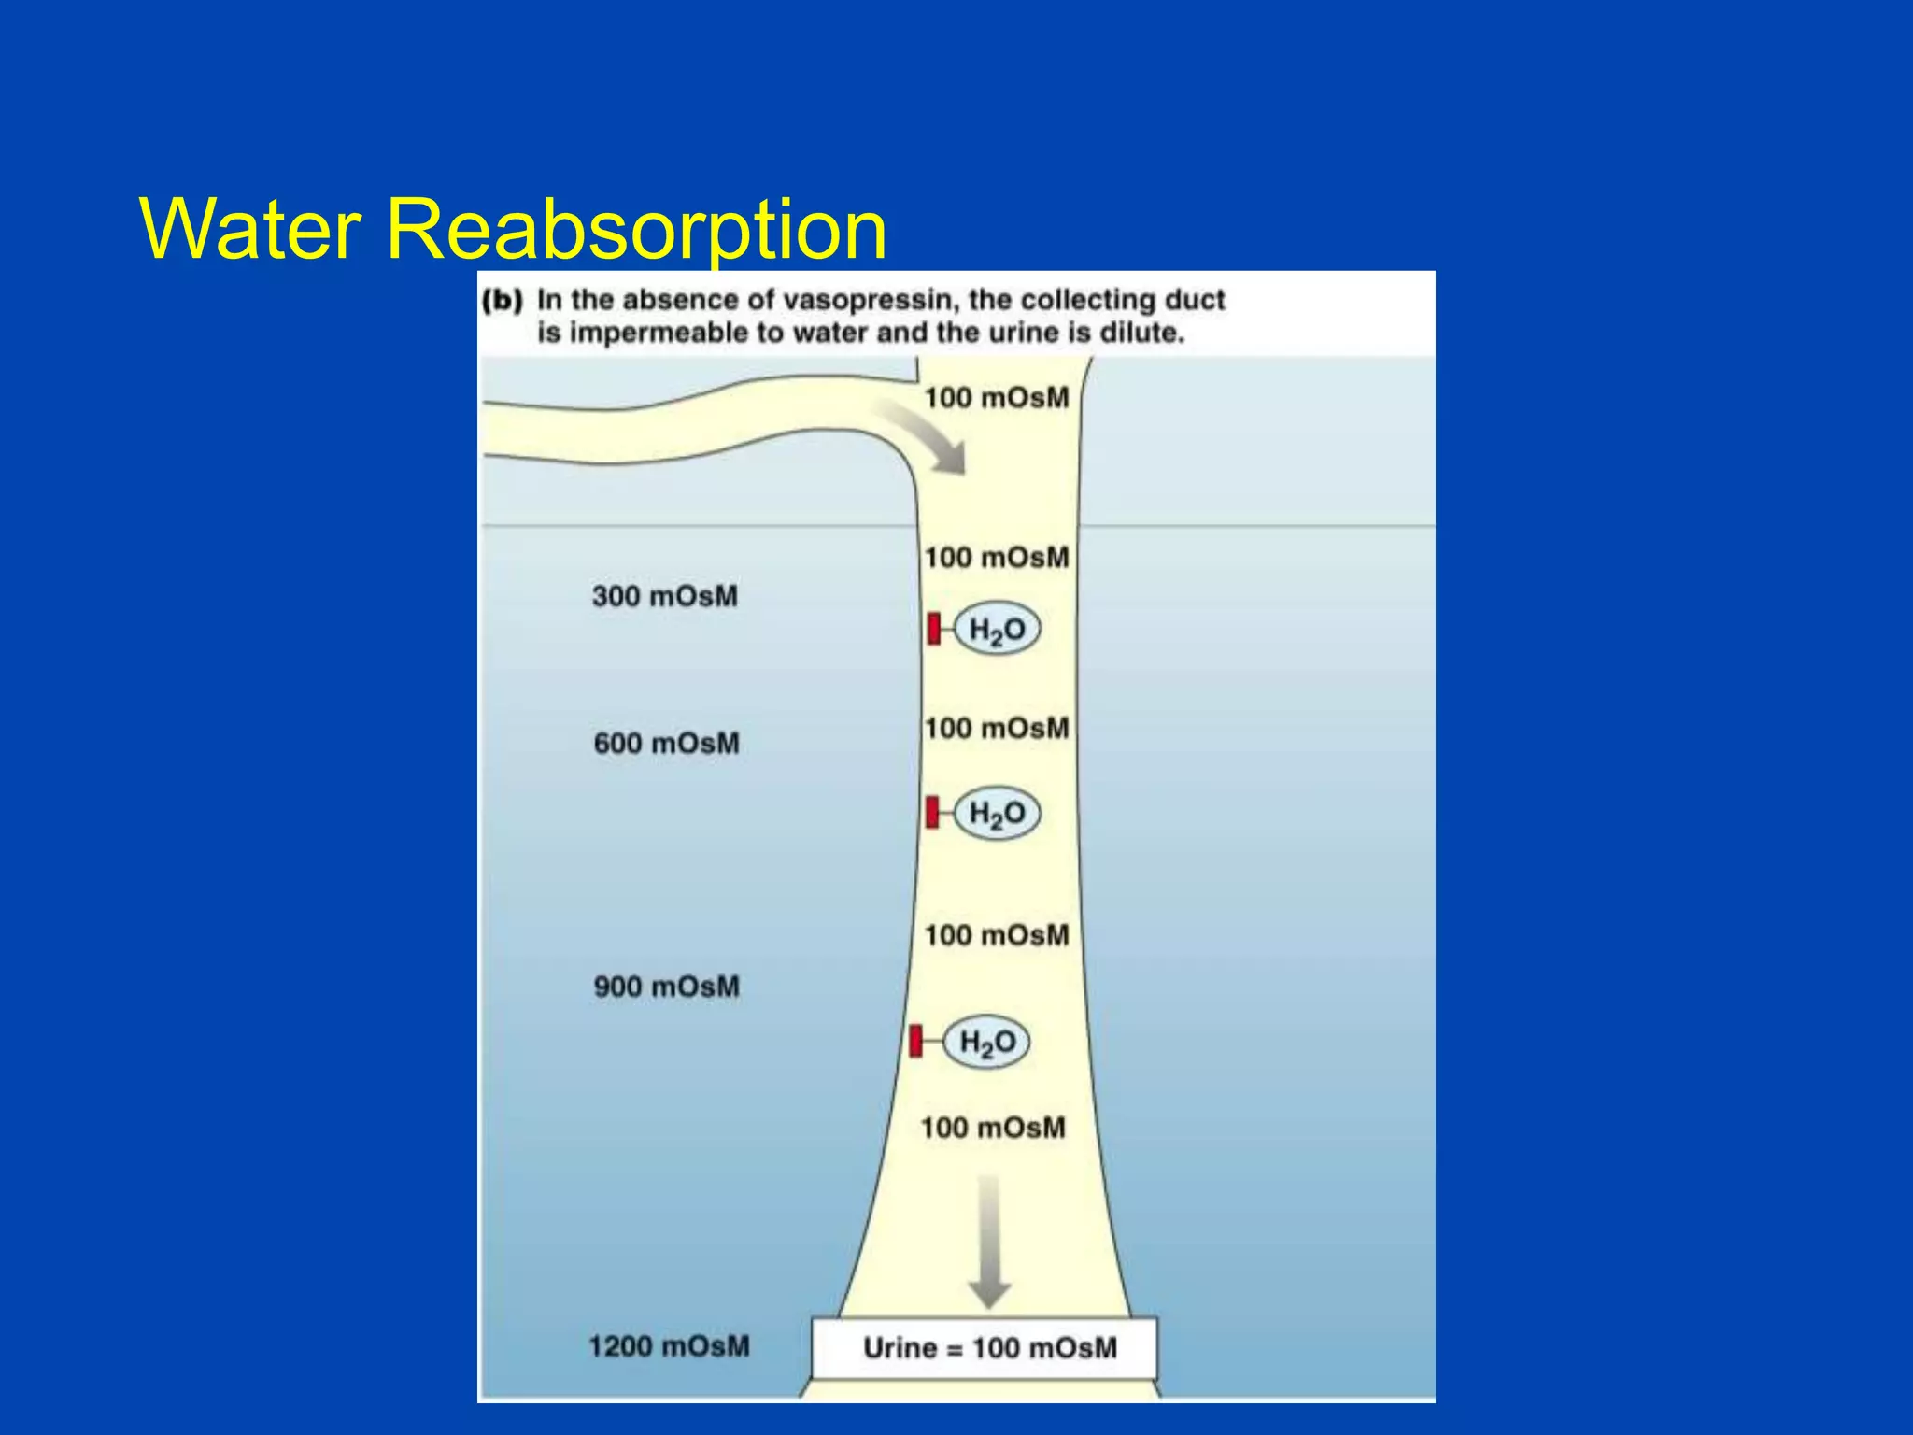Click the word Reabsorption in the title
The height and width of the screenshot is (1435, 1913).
pyautogui.click(x=635, y=230)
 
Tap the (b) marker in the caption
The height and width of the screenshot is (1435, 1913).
pyautogui.click(x=503, y=300)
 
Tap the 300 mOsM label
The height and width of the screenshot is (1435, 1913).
pyautogui.click(x=664, y=596)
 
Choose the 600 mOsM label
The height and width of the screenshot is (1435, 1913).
pyautogui.click(x=666, y=744)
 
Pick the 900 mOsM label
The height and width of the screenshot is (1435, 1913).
pyautogui.click(x=666, y=987)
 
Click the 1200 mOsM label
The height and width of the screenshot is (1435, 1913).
pyautogui.click(x=669, y=1346)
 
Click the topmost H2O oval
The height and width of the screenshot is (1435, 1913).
pyautogui.click(x=997, y=630)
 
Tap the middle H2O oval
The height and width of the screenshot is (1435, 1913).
pyautogui.click(x=997, y=813)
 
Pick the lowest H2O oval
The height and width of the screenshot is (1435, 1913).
pyautogui.click(x=987, y=1042)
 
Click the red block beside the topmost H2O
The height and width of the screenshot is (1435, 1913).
pyautogui.click(x=933, y=629)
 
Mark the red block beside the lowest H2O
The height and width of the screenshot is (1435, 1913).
pyautogui.click(x=915, y=1041)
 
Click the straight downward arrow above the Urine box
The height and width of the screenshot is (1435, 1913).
pyautogui.click(x=989, y=1243)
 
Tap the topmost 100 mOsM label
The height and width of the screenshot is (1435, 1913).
pyautogui.click(x=997, y=398)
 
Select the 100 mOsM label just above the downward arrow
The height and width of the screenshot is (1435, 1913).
pyautogui.click(x=993, y=1128)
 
